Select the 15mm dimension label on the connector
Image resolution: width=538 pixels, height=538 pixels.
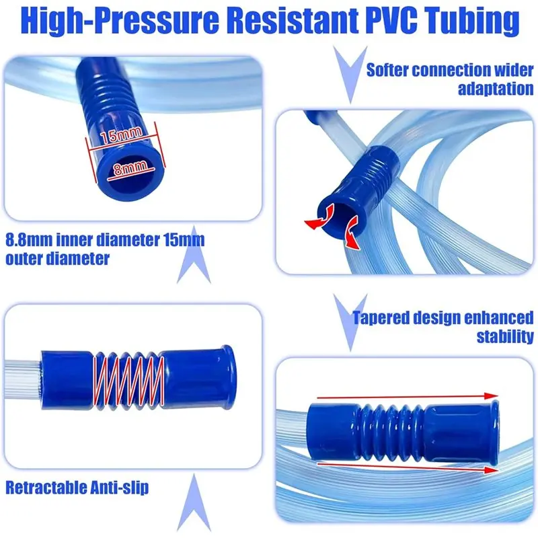click(122, 134)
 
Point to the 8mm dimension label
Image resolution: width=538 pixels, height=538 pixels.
click(130, 168)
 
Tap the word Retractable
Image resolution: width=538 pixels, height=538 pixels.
click(45, 487)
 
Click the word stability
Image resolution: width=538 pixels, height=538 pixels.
click(505, 336)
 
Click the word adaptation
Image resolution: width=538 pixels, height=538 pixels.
click(496, 89)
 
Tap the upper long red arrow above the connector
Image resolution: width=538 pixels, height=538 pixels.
click(408, 397)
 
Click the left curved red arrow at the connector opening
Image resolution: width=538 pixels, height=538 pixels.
click(321, 217)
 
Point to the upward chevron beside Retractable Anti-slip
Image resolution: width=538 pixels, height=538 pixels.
click(194, 502)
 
